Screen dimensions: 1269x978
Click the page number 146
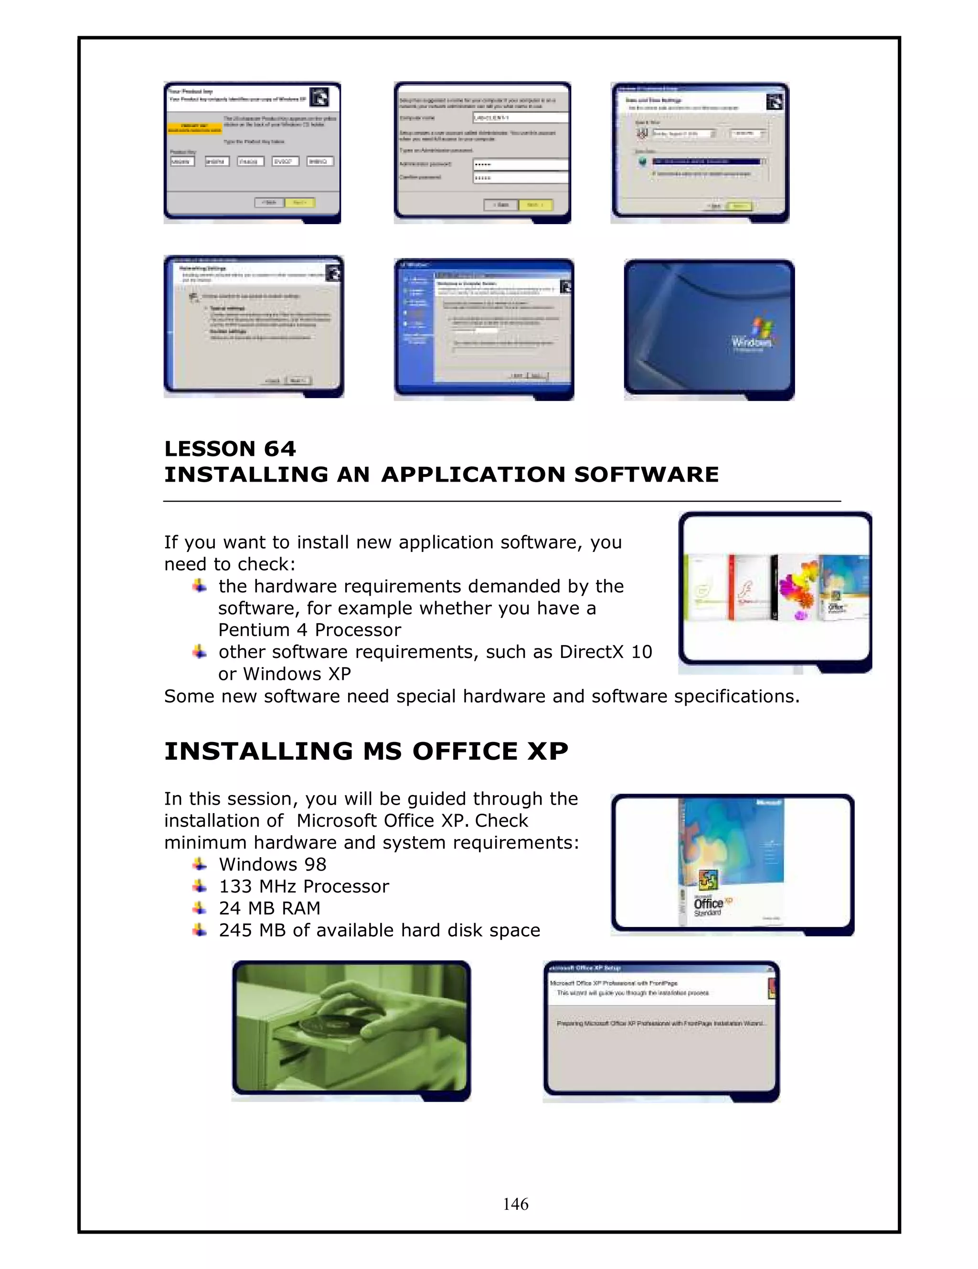515,1204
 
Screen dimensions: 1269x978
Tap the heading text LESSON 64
230,449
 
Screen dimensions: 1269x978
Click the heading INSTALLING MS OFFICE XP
366,751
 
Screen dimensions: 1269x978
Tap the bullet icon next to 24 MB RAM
199,908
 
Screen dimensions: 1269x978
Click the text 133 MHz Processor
304,887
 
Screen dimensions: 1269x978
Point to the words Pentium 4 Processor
309,630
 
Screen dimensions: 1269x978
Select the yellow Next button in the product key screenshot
300,203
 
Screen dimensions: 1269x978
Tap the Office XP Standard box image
731,863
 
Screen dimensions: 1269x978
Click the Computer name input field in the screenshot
519,118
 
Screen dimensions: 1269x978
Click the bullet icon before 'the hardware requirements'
199,586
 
